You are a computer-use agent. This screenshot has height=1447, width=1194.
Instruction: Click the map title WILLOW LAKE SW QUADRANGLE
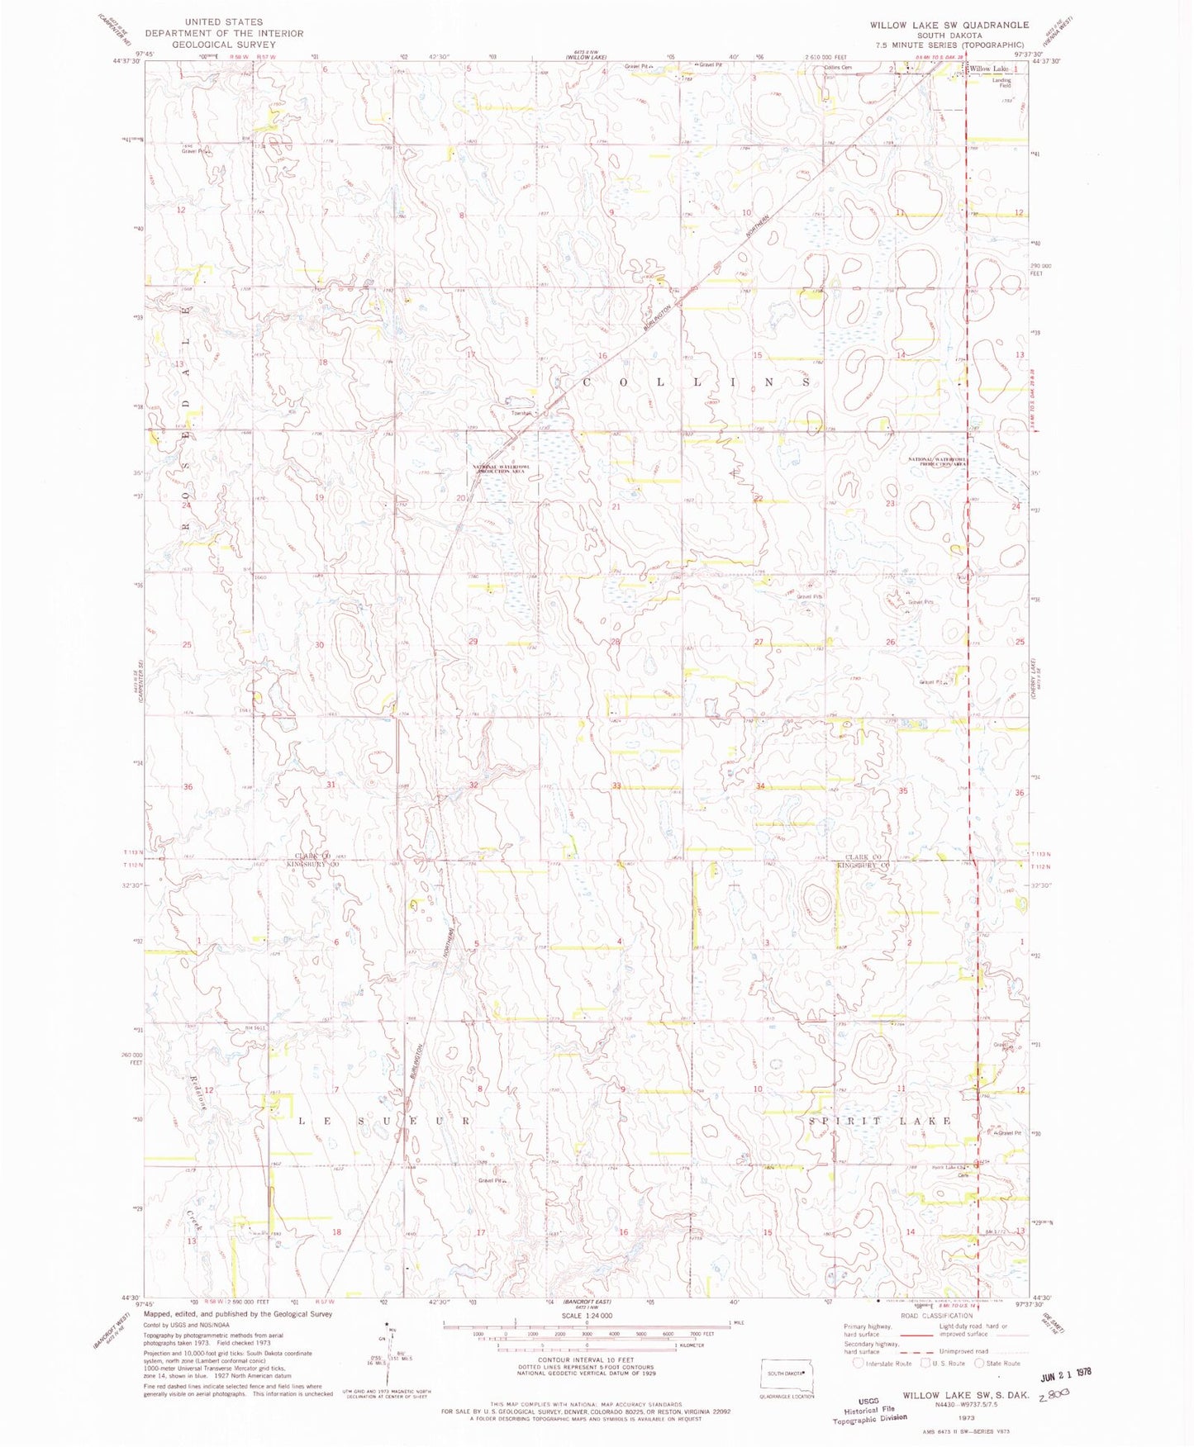(x=949, y=26)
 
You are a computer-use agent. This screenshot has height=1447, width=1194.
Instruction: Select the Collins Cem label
(x=837, y=68)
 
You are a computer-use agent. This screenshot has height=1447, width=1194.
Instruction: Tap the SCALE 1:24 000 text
(x=586, y=1316)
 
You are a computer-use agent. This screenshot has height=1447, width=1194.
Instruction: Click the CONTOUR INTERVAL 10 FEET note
(x=586, y=1359)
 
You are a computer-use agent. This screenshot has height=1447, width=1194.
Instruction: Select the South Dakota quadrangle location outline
(x=786, y=1374)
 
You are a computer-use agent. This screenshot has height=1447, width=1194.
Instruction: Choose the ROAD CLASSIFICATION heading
(x=937, y=1316)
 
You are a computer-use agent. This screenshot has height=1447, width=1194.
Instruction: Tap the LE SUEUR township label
(x=383, y=1121)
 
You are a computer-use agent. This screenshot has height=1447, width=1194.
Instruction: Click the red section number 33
(x=616, y=785)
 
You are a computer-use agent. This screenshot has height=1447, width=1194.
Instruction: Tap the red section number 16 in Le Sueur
(x=624, y=1231)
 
